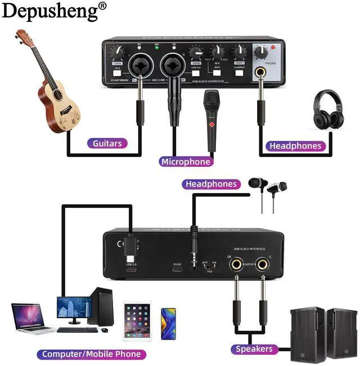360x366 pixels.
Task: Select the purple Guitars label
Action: coord(106,143)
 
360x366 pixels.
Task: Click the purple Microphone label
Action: coord(186,162)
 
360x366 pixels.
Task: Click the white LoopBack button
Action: coord(239,73)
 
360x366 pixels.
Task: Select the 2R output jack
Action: coord(235,264)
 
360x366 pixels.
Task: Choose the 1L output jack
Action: coord(262,264)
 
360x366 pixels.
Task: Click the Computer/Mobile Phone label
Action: coord(91,354)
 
